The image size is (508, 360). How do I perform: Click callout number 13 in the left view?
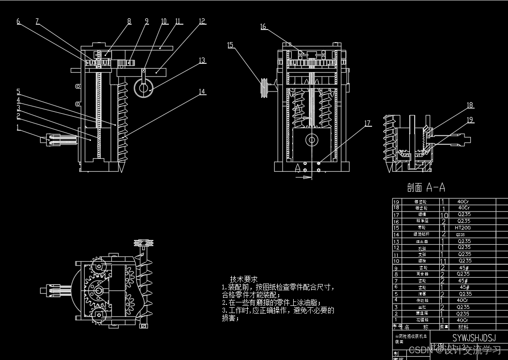pos(202,60)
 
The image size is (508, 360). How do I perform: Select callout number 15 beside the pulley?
pos(230,45)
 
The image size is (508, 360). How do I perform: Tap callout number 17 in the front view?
pos(368,123)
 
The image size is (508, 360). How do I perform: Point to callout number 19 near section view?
pos(470,120)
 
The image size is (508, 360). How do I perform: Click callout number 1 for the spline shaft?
pos(18,127)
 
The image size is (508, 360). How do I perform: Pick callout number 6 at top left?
pos(18,21)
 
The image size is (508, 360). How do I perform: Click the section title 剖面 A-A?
pos(426,187)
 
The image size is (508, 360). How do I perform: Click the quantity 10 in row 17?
pos(444,214)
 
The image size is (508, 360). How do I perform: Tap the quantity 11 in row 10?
pos(444,260)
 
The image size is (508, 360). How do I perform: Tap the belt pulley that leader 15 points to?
pos(265,88)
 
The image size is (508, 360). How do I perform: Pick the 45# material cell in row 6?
pos(463,287)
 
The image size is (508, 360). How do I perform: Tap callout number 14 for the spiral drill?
pos(202,91)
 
